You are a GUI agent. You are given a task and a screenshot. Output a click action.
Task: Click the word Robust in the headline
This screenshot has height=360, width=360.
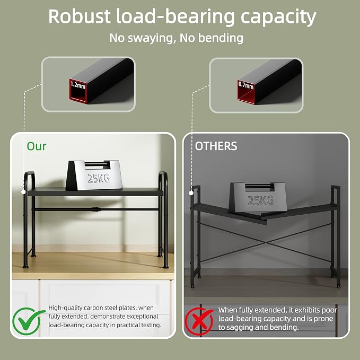(x=80, y=16)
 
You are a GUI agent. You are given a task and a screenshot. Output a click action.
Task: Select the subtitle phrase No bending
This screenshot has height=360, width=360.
(x=211, y=38)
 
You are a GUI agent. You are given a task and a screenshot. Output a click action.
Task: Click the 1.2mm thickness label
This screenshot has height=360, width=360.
(x=78, y=85)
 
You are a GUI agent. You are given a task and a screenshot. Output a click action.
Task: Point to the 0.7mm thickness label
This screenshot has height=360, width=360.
(x=246, y=85)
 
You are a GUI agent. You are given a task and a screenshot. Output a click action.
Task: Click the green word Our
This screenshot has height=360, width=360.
(x=37, y=146)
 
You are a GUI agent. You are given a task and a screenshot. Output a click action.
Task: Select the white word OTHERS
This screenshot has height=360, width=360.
(x=216, y=146)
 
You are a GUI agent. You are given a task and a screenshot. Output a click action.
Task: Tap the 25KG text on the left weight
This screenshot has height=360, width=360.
(x=99, y=178)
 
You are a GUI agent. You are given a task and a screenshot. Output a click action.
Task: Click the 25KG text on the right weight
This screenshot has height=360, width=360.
(x=260, y=200)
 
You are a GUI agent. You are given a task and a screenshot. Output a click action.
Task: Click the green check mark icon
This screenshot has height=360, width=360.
(x=28, y=321)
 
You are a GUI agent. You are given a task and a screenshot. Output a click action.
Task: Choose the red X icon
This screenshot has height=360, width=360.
(x=199, y=321)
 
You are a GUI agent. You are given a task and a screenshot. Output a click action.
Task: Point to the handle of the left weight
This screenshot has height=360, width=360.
(x=96, y=164)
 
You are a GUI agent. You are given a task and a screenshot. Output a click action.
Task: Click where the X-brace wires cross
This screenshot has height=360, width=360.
(x=266, y=243)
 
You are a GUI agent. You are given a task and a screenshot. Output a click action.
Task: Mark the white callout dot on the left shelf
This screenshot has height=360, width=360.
(x=23, y=192)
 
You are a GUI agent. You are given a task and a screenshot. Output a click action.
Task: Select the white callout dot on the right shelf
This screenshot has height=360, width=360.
(x=191, y=193)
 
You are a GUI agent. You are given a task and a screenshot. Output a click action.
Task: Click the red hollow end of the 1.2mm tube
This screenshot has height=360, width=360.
(x=78, y=91)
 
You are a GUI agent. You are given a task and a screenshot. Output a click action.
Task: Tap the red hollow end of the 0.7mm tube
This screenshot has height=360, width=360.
(x=247, y=92)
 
